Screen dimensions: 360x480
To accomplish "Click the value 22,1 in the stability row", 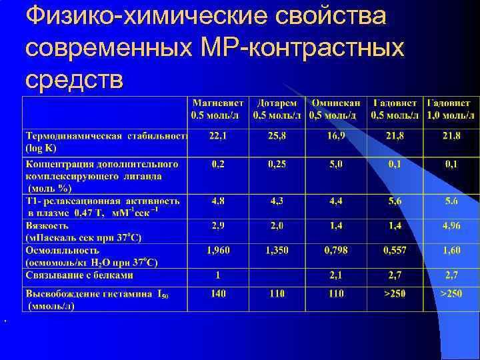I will coord(218,136).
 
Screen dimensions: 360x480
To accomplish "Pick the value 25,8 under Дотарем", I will coord(277,136).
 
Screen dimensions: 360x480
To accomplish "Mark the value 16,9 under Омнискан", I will coord(337,136).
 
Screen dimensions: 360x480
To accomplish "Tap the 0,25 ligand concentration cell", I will coord(277,164).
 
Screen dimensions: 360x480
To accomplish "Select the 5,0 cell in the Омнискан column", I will coord(337,164).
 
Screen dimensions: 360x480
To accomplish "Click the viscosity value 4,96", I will coord(451,226).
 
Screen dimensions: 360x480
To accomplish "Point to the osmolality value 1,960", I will coord(218,250).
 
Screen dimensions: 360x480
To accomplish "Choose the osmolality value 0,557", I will coord(395,250).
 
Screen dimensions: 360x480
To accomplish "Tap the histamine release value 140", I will coord(218,293).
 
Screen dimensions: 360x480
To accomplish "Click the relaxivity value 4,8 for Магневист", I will coord(218,200).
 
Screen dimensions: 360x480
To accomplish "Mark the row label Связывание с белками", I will coord(79,275).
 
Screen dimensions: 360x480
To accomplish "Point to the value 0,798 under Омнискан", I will coord(337,250).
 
